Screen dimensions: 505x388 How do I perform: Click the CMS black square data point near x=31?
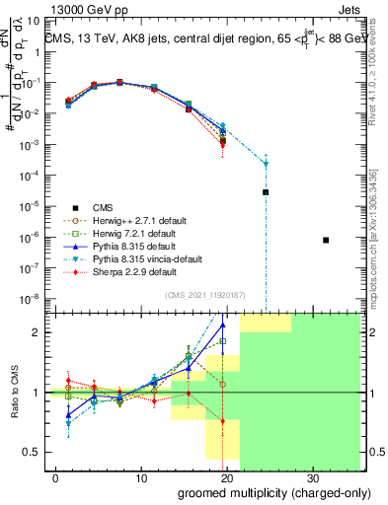coord(326,240)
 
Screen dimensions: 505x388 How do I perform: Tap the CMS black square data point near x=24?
coord(266,192)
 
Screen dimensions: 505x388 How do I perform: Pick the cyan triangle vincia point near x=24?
coord(266,165)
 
